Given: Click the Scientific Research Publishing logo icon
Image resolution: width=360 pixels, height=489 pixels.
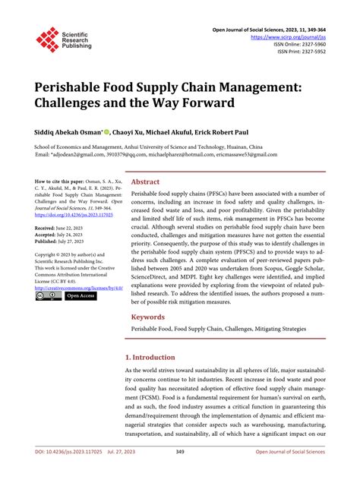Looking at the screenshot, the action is click(47, 39).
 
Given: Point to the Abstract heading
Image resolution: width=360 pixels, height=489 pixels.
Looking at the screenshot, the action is click(145, 183).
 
